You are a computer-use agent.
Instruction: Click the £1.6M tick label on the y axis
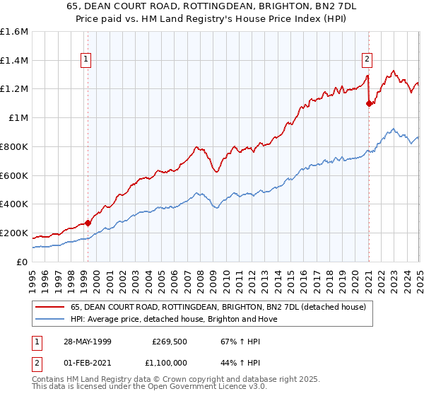pos(14,32)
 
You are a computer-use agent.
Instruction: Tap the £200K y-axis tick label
pos(14,233)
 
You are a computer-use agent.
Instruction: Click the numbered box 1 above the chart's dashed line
pos(86,60)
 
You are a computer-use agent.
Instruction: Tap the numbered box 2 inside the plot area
pos(368,60)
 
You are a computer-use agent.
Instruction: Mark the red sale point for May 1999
pos(88,223)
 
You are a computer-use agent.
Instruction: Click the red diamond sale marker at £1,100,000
pos(369,103)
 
